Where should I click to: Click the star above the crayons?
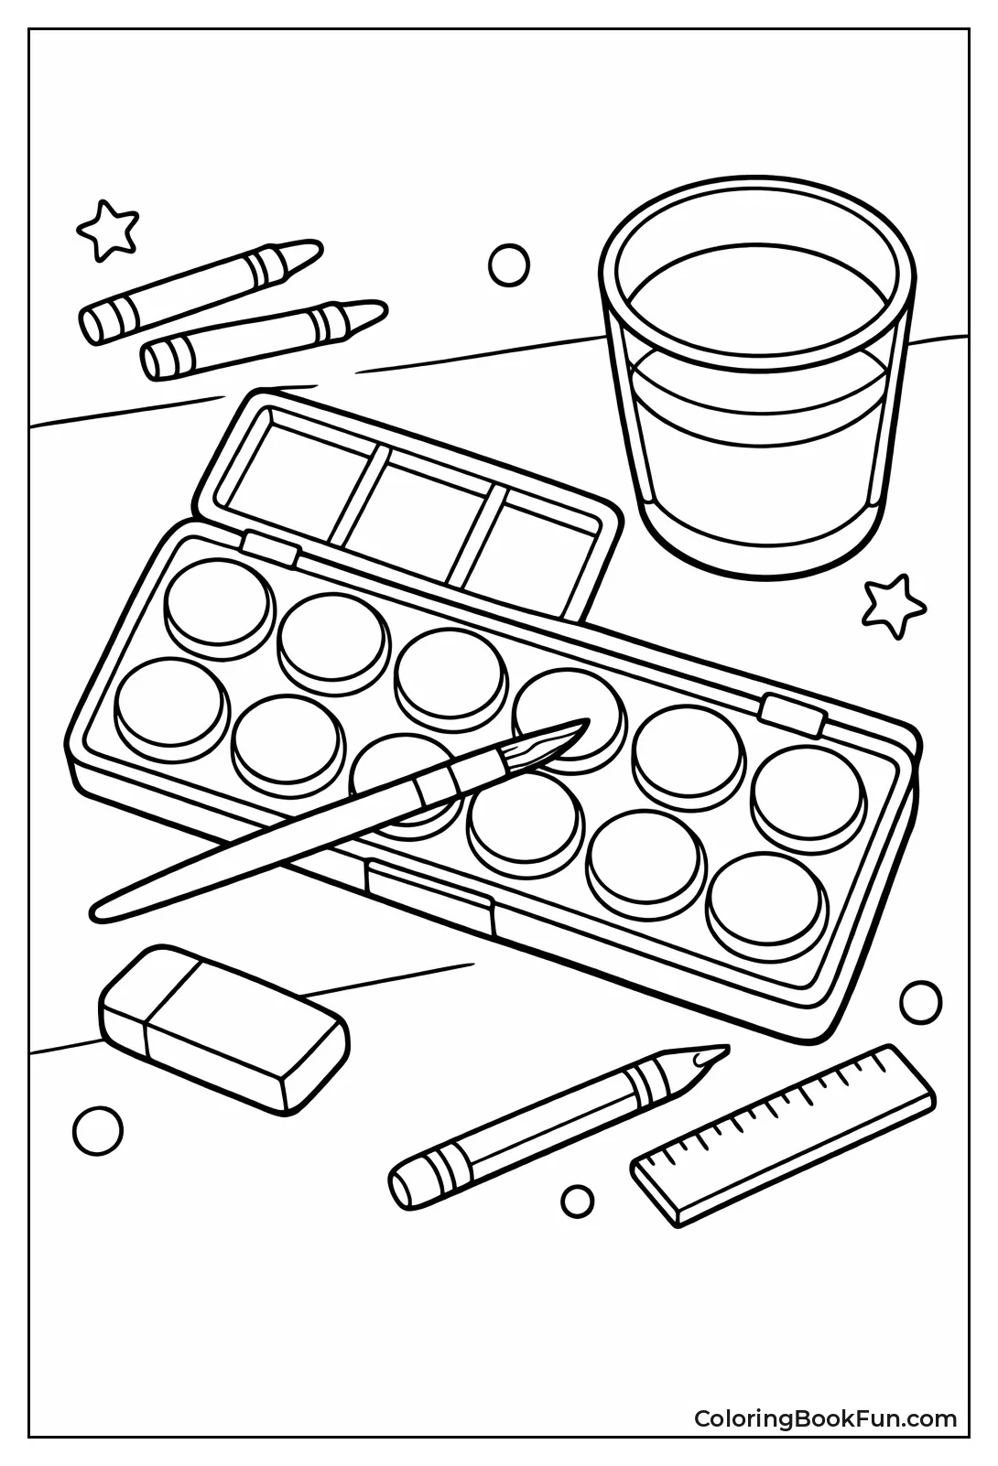tap(108, 229)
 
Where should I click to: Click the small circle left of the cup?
tap(509, 265)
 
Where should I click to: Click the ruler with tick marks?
tap(783, 1135)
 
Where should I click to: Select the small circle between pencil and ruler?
tap(577, 1199)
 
